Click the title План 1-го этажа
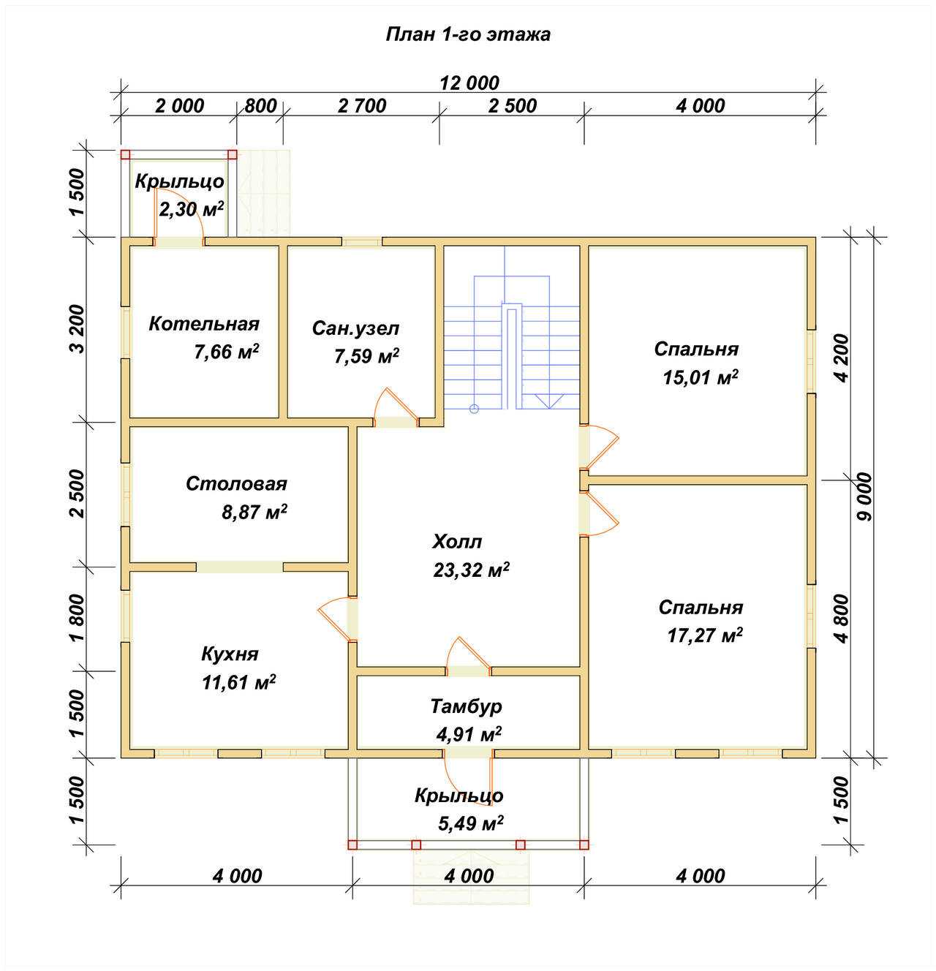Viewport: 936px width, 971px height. (468, 34)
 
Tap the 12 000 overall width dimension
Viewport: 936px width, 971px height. (469, 83)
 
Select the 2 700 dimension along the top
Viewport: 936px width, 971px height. (362, 106)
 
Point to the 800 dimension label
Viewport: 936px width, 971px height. (260, 106)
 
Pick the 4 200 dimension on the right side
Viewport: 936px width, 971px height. (841, 358)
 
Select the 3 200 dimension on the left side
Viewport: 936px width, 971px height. (78, 329)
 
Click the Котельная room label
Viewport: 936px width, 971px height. (204, 324)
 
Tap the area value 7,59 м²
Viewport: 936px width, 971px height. (366, 356)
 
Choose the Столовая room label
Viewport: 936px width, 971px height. (236, 483)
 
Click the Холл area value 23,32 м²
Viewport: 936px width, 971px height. (472, 570)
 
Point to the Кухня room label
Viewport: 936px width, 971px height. (230, 654)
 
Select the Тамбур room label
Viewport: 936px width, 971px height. (466, 706)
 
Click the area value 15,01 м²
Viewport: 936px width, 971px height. (701, 377)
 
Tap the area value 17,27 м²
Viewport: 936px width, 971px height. (705, 635)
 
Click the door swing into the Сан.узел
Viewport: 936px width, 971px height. (394, 405)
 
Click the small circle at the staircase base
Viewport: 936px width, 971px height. (474, 409)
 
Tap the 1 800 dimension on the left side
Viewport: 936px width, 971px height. (78, 618)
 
